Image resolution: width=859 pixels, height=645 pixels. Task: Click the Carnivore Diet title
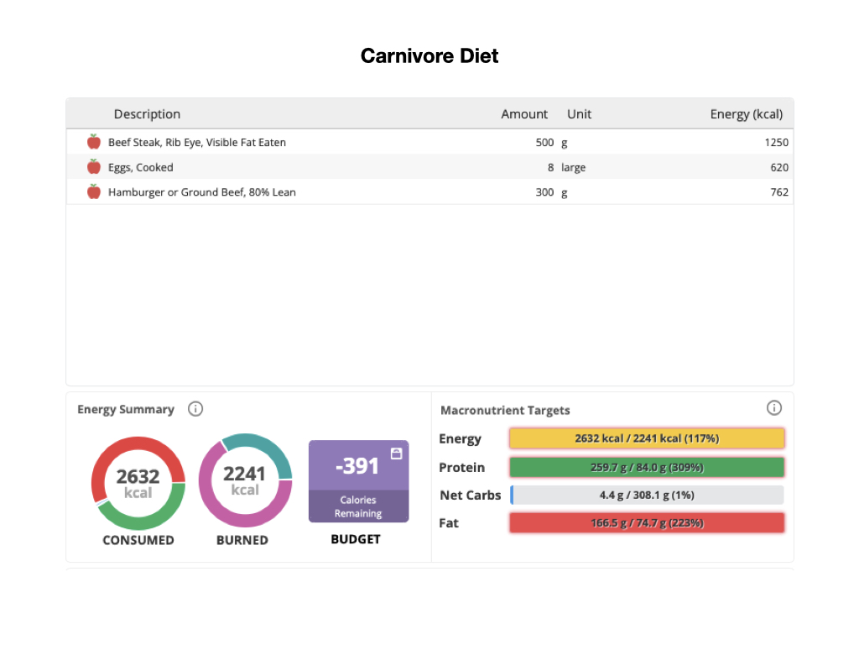[429, 56]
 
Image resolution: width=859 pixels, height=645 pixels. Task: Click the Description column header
[147, 114]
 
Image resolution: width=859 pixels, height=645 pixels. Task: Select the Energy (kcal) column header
[746, 114]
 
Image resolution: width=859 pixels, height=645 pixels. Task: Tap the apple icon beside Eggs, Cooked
[94, 167]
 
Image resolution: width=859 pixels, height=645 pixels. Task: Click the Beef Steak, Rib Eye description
[197, 143]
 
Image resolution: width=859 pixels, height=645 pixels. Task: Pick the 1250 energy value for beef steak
[776, 143]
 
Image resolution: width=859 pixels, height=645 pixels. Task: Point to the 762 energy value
[779, 192]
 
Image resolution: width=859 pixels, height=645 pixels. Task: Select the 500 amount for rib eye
[544, 143]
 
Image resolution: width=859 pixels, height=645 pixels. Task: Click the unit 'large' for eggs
[574, 167]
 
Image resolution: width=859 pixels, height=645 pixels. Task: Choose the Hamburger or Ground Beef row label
[202, 192]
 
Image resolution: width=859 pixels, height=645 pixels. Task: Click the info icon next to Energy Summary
[195, 409]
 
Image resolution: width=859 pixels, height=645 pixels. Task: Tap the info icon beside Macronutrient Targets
[774, 408]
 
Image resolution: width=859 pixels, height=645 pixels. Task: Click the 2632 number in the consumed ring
[138, 477]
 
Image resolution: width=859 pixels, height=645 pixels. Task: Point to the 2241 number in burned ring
[245, 475]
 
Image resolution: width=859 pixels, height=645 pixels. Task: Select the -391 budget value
[357, 465]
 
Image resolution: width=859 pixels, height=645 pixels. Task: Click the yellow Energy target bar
[647, 438]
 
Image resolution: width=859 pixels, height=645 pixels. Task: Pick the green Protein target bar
[647, 467]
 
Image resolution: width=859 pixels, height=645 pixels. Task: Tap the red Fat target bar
[647, 522]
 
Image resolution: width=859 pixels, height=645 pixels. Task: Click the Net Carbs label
[471, 496]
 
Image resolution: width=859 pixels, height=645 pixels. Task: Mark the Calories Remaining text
[358, 506]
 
